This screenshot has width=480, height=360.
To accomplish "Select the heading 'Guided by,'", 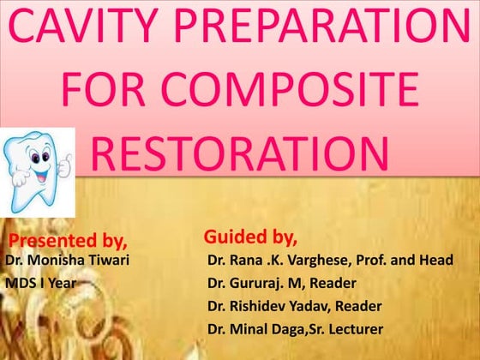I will [x=250, y=236].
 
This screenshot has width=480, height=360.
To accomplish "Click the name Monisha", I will [x=58, y=260].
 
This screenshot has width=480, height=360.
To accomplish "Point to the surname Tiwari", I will [x=109, y=260].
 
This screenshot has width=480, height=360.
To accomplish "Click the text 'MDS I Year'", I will [x=41, y=282].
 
